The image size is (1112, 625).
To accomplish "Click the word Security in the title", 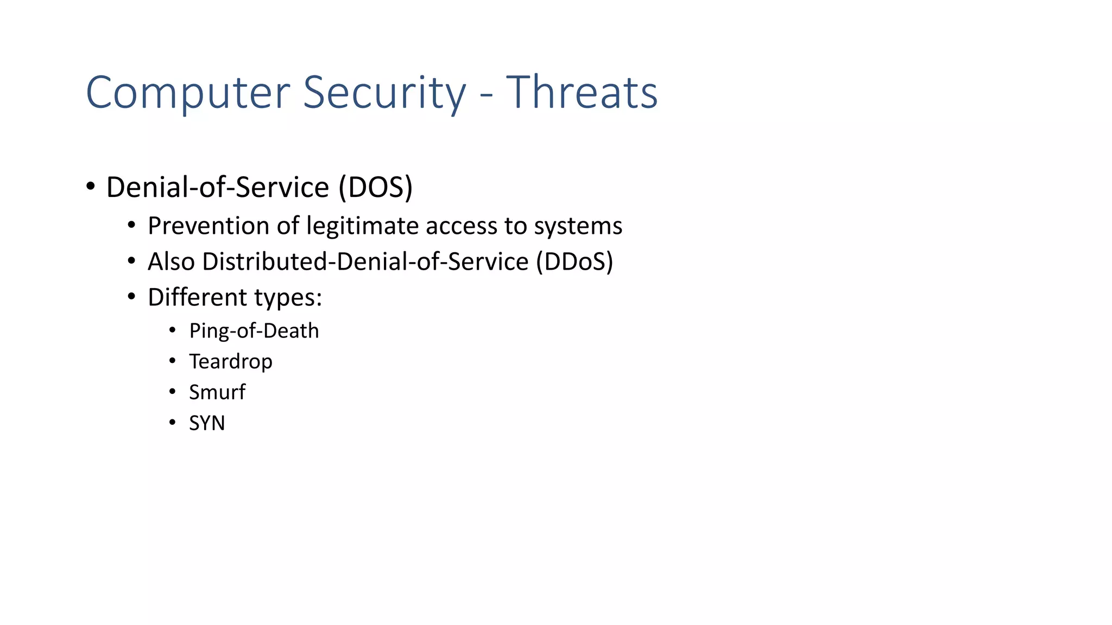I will tap(384, 93).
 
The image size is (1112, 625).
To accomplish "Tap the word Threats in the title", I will tap(582, 93).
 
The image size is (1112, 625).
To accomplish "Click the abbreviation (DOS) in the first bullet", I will tap(375, 188).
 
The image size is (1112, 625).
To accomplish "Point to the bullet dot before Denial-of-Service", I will tap(91, 187).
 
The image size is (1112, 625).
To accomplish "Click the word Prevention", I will tap(208, 226).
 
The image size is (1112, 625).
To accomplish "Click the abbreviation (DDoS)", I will tap(574, 262).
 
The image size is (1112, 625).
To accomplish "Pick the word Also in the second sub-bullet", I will tap(171, 262).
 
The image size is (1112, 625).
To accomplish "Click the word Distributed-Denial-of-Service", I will tap(365, 262).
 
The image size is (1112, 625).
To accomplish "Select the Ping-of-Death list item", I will tap(254, 331).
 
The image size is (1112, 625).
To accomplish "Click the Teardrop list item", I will tap(230, 361).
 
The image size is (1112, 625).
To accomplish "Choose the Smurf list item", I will tap(217, 392).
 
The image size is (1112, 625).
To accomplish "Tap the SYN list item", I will tap(207, 423).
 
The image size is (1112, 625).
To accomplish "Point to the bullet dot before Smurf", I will tap(172, 391).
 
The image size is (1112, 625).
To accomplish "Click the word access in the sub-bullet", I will tap(461, 226).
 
